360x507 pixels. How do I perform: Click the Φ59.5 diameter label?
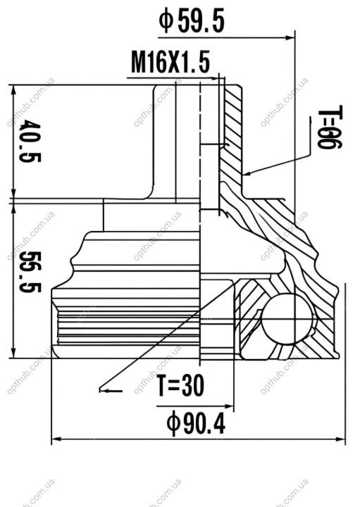pyautogui.click(x=192, y=21)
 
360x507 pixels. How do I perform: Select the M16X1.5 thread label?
pyautogui.click(x=170, y=62)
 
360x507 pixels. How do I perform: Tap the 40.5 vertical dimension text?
pyautogui.click(x=30, y=141)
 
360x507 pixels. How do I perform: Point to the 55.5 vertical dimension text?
pyautogui.click(x=30, y=272)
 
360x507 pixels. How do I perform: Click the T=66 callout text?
pyautogui.click(x=330, y=127)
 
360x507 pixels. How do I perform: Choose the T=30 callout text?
pyautogui.click(x=181, y=385)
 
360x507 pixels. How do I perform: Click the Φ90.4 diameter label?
pyautogui.click(x=196, y=423)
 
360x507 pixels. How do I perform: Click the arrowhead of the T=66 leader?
pyautogui.click(x=248, y=173)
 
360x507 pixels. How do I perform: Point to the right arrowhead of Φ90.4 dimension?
pyautogui.click(x=340, y=439)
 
